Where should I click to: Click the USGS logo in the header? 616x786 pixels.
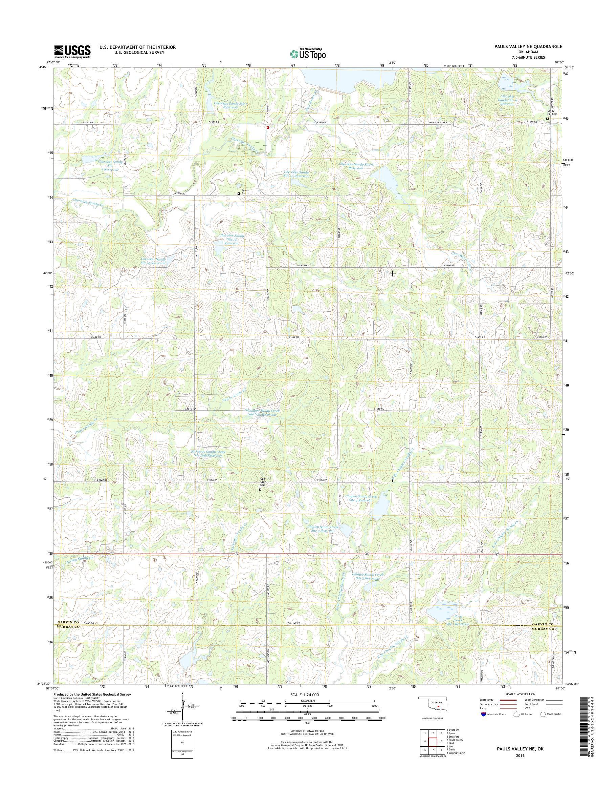[72, 52]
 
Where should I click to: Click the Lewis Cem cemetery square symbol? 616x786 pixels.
[238, 193]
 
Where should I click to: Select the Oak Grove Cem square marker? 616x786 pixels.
[260, 490]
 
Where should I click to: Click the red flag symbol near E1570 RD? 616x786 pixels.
[267, 127]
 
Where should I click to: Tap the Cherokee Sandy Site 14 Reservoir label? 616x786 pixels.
[232, 240]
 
